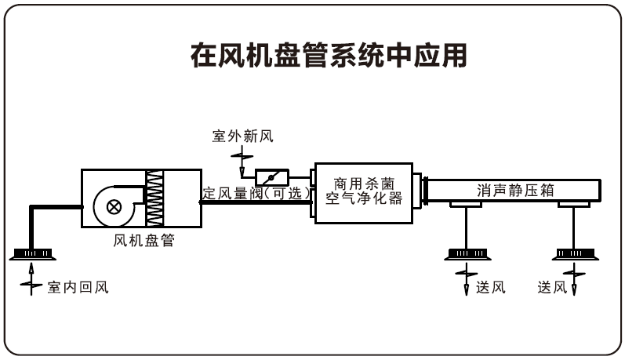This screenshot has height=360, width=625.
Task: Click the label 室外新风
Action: tap(242, 137)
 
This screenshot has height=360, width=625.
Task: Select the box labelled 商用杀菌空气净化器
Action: tap(363, 191)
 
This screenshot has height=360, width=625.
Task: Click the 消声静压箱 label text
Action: tap(511, 190)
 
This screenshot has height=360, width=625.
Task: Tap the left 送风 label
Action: tap(490, 287)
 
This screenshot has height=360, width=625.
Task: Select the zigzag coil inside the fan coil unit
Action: tap(157, 201)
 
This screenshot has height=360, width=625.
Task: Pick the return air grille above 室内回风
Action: tap(32, 253)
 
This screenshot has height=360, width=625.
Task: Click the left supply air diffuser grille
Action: tap(467, 253)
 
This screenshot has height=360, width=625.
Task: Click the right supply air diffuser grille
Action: tap(576, 253)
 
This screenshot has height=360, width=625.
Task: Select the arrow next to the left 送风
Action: tap(467, 281)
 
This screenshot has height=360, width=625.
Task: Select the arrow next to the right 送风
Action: tap(576, 281)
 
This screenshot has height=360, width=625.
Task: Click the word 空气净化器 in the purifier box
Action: tap(363, 199)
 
